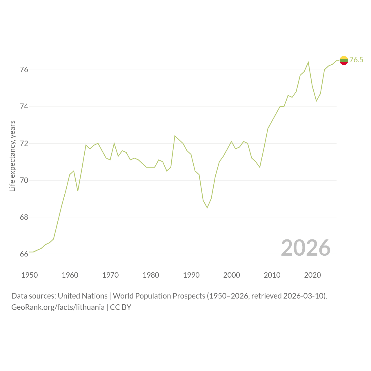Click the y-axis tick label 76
pos(24,70)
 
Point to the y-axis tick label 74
pos(24,106)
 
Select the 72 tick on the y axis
pos(24,143)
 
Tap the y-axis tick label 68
pos(24,217)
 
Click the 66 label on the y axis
pos(24,254)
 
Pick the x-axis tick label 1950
pos(30,275)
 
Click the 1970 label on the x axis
pos(110,275)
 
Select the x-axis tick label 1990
pos(191,275)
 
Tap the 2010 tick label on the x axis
pos(272,275)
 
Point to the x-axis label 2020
pos(312,275)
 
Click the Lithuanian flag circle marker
pos(344,61)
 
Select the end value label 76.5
pos(356,60)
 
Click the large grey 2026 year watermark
pos(306,248)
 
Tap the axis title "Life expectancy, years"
pos(12,156)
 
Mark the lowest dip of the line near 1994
pos(207,208)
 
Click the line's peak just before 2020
pos(308,62)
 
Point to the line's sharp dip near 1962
pos(78,191)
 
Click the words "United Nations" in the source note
pos(83,296)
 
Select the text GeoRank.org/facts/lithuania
pos(58,307)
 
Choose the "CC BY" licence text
pos(121,307)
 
